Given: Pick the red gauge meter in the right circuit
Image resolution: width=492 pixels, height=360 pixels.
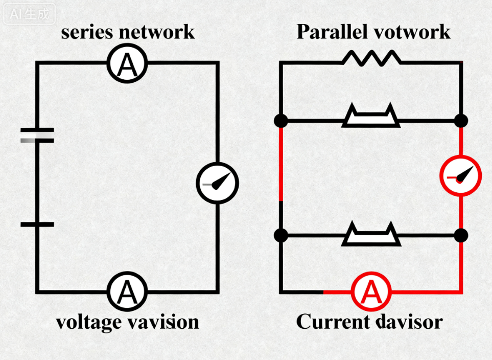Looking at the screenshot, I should click(461, 176).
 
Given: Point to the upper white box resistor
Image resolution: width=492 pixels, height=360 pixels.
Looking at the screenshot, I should click(371, 117).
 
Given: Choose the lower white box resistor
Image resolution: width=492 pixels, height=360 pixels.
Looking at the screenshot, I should click(371, 235).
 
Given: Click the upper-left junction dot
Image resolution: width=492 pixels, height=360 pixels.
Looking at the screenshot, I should click(280, 121).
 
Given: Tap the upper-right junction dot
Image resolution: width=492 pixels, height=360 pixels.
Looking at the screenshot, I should click(461, 121).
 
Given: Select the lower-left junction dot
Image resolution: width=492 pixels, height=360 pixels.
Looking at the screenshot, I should click(280, 235).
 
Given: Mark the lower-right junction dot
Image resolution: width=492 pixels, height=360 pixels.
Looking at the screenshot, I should click(461, 235).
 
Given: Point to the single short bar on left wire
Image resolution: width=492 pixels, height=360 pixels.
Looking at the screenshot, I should click(37, 224).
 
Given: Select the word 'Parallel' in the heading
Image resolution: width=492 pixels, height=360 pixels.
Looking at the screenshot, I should click(332, 32).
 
